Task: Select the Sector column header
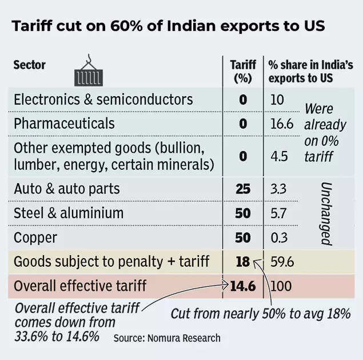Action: click(x=30, y=64)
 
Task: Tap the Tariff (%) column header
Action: click(x=243, y=71)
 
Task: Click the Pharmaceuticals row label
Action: click(x=64, y=123)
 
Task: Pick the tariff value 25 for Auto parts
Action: click(x=243, y=188)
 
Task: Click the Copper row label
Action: click(x=35, y=236)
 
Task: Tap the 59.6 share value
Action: click(x=282, y=262)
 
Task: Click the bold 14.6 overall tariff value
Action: click(x=242, y=285)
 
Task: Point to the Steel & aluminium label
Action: click(x=69, y=213)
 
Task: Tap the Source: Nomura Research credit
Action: click(x=166, y=338)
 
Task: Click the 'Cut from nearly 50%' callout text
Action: click(x=261, y=314)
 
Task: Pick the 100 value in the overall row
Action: click(x=280, y=285)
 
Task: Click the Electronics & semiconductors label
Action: click(x=103, y=99)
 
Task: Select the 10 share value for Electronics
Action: click(x=277, y=99)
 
